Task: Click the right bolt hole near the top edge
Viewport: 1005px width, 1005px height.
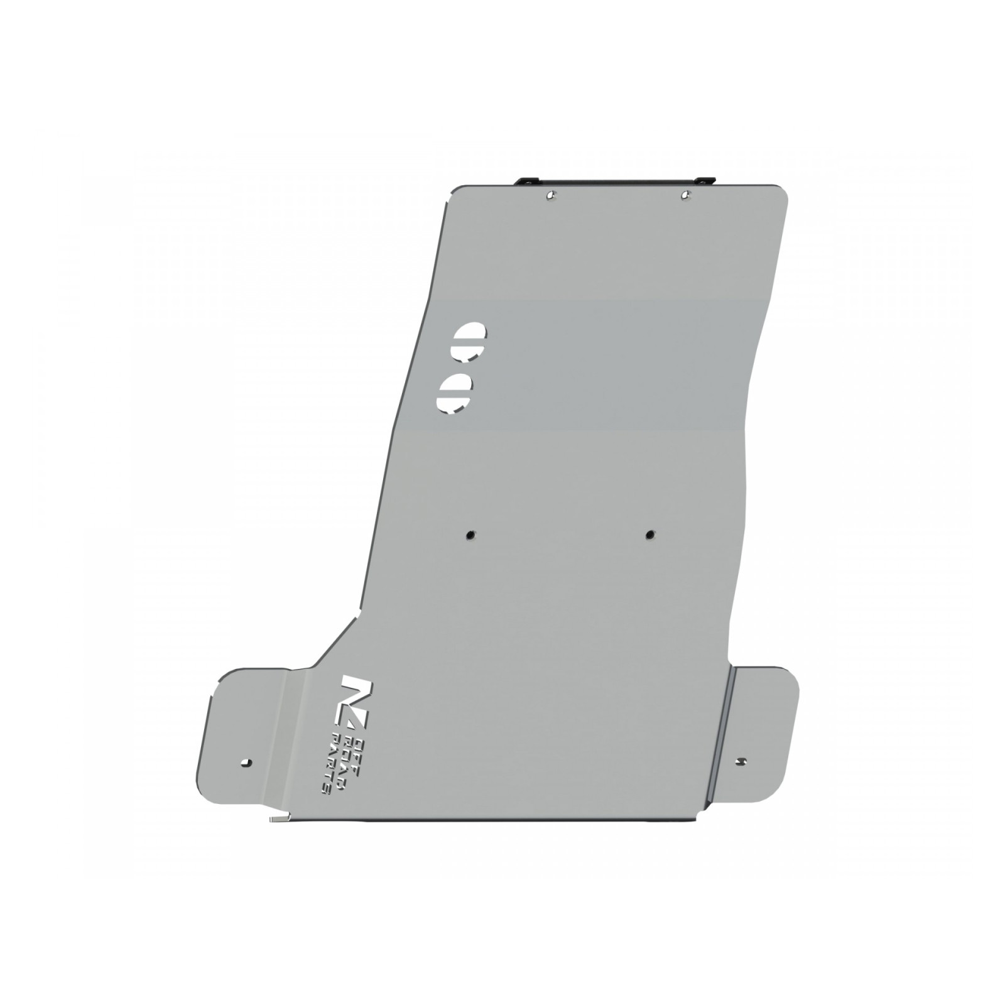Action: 686,195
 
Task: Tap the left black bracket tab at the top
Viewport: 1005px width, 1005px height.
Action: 526,181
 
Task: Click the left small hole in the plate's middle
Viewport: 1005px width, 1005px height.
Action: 470,535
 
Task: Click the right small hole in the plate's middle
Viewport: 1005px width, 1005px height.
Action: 649,535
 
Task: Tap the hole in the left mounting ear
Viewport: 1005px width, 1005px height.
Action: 246,763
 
